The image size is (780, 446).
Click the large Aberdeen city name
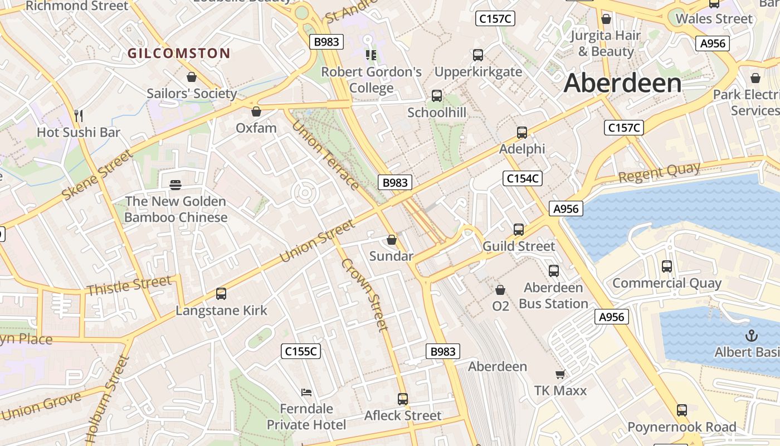[622, 83]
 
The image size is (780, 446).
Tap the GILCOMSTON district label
[179, 54]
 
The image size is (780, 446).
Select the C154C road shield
[522, 178]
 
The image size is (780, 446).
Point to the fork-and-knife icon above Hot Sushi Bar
[79, 116]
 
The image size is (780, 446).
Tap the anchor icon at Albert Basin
[752, 336]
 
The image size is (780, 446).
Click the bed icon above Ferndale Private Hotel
[306, 392]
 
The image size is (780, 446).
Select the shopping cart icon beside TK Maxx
[560, 374]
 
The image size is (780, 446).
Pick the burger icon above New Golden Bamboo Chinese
[175, 185]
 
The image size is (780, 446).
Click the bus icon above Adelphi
[521, 133]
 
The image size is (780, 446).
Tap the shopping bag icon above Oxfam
[256, 111]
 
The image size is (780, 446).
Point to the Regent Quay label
[659, 172]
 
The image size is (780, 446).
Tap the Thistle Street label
[129, 285]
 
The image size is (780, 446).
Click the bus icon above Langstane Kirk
[221, 294]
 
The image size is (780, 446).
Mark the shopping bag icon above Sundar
[392, 240]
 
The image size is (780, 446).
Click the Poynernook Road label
[681, 428]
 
